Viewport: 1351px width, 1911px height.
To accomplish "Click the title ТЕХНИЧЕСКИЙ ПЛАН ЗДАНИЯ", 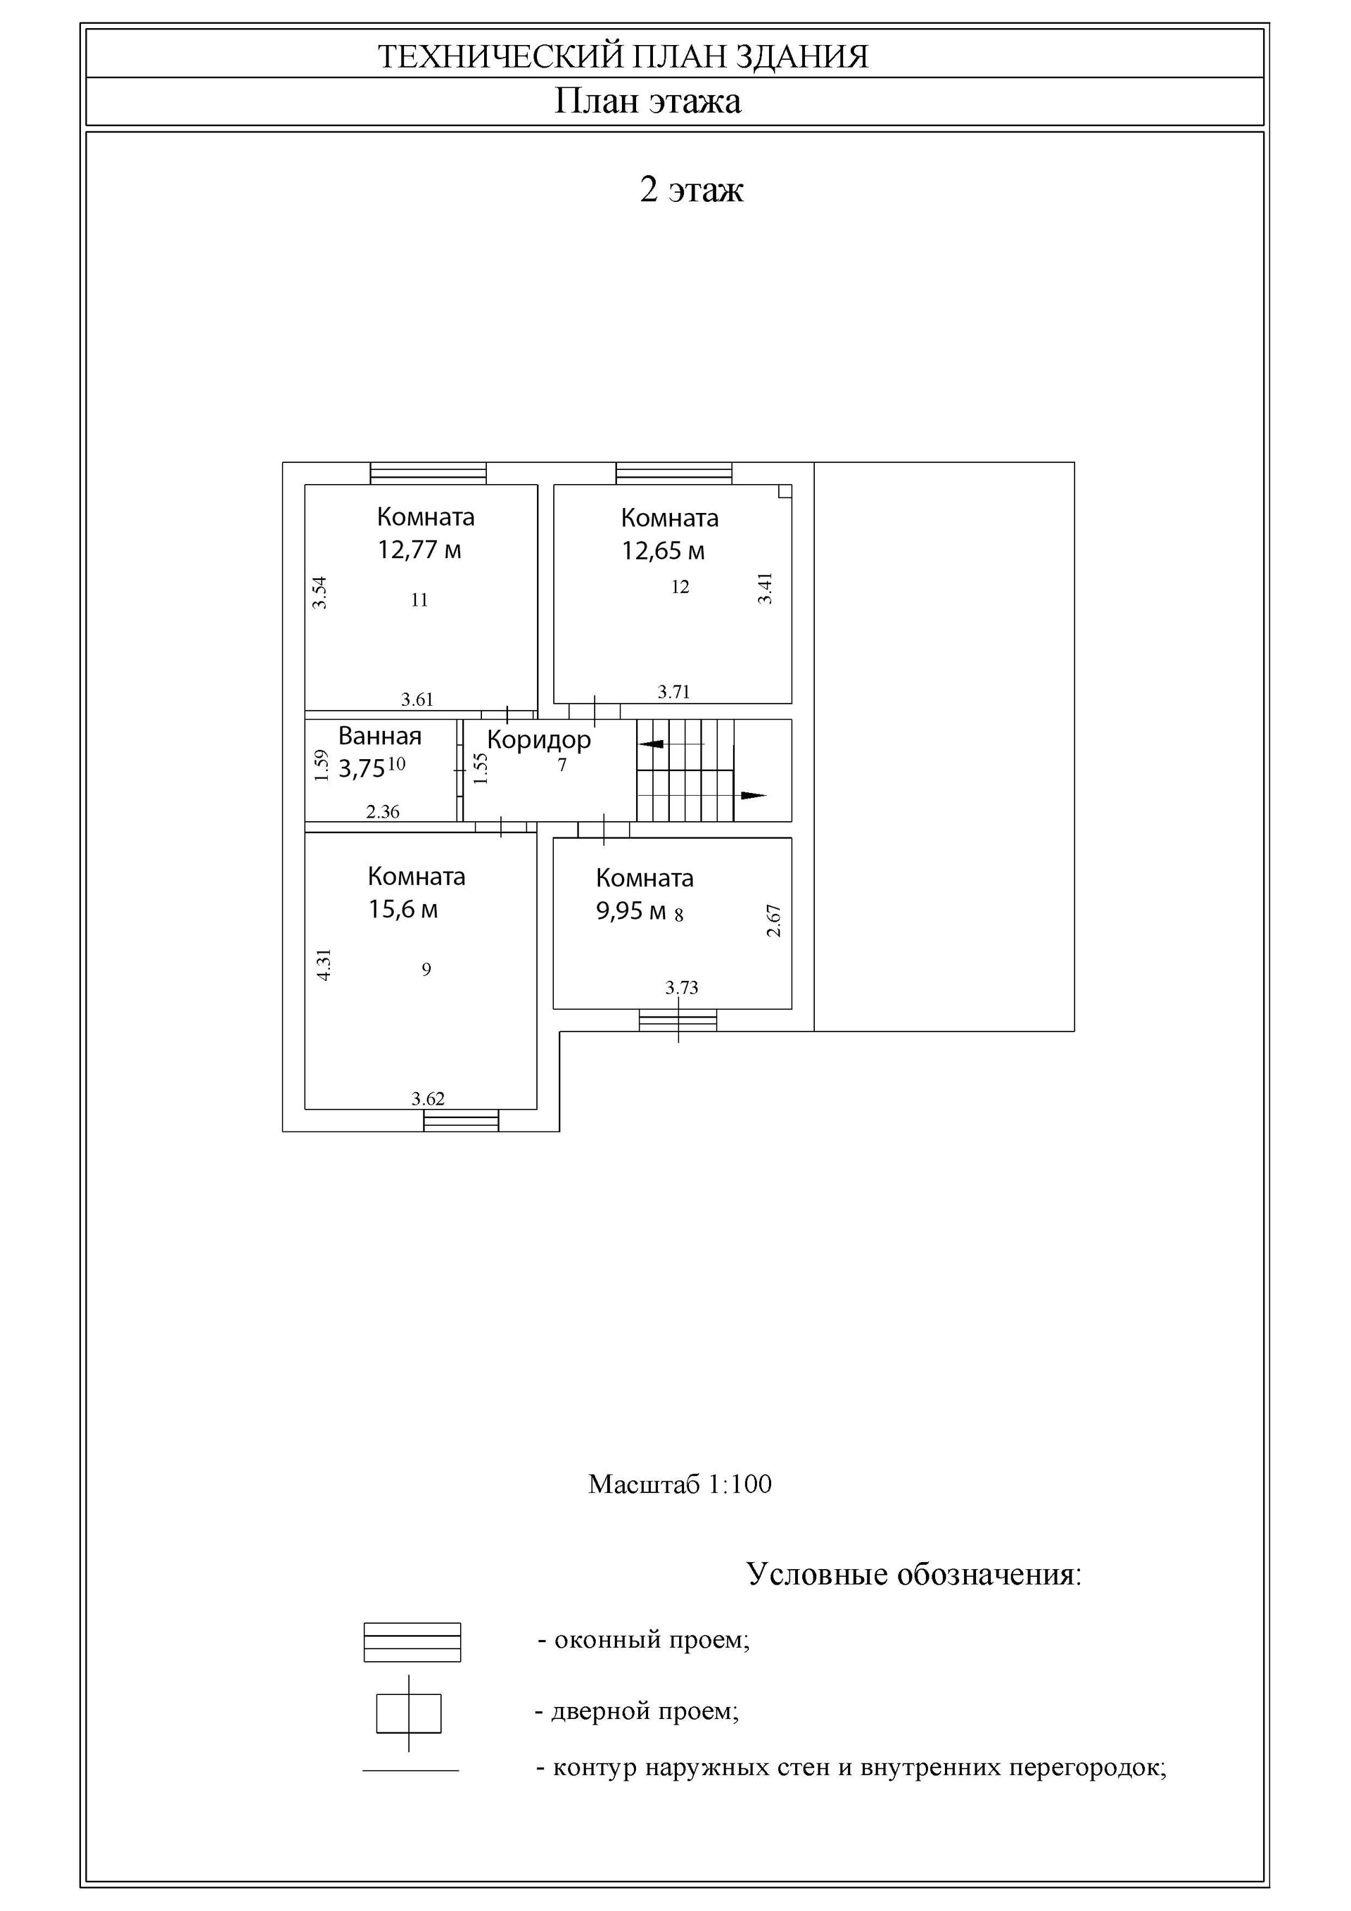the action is [x=623, y=56].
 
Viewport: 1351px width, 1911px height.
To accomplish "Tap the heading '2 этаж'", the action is [x=691, y=190].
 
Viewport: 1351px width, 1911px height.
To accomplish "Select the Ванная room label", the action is [x=379, y=736].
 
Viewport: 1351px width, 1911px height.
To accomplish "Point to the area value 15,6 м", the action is [x=403, y=909].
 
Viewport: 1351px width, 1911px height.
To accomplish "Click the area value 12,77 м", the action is [x=419, y=550].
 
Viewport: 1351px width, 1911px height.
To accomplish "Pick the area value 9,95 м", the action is [x=631, y=910].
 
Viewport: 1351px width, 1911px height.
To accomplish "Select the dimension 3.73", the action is [x=682, y=988].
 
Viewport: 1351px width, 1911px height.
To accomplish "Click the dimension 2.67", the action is [x=774, y=920].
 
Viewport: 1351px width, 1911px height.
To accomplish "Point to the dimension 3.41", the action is [x=765, y=588].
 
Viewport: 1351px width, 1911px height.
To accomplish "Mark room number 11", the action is [x=419, y=599].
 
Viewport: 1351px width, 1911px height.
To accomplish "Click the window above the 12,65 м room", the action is [x=674, y=473].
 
